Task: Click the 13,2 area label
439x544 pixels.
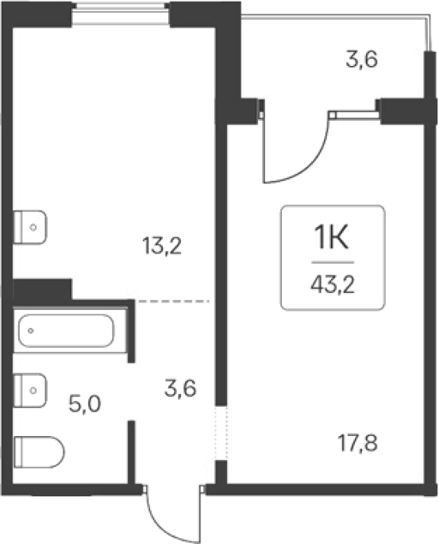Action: [x=162, y=247]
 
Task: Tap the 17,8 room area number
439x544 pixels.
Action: [x=357, y=444]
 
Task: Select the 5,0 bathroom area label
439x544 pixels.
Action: [x=85, y=404]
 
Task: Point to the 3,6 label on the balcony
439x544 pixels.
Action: [x=362, y=60]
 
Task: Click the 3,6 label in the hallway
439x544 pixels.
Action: [x=181, y=388]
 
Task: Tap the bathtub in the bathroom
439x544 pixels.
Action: [x=66, y=330]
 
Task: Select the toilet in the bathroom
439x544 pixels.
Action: [x=39, y=452]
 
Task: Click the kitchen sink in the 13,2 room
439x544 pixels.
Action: [x=30, y=227]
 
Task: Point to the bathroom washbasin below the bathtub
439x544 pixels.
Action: [x=30, y=390]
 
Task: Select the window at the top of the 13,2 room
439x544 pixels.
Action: [x=121, y=14]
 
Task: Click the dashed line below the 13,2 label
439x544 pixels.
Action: [x=173, y=302]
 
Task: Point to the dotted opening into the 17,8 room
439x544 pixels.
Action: [x=221, y=433]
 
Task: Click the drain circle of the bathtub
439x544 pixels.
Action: [x=31, y=330]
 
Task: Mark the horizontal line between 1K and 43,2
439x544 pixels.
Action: [x=333, y=262]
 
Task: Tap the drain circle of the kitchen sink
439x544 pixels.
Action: [x=33, y=227]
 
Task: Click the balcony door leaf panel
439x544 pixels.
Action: [x=354, y=114]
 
